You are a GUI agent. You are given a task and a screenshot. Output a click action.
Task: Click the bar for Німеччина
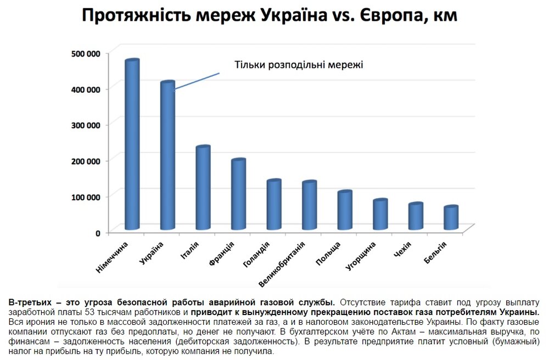point(132,145)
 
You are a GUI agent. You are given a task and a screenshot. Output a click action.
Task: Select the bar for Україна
point(167,156)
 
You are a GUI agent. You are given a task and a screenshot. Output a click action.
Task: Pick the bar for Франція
point(238,195)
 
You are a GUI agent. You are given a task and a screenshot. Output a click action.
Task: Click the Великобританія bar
point(309,206)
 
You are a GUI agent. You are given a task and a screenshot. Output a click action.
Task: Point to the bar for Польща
point(344,211)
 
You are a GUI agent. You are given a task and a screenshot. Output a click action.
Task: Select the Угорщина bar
point(380,215)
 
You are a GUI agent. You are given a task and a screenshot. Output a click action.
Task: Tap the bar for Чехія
point(416,217)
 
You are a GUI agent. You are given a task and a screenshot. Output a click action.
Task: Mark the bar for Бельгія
point(451,218)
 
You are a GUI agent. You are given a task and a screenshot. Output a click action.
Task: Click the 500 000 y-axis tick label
point(86,53)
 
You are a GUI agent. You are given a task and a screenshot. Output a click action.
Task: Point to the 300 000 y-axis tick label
point(86,125)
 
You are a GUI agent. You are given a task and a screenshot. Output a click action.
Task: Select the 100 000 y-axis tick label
point(86,196)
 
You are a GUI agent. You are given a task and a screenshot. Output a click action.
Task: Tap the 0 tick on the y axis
point(98,233)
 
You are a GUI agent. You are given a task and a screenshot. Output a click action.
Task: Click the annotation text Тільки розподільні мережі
point(299,65)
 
